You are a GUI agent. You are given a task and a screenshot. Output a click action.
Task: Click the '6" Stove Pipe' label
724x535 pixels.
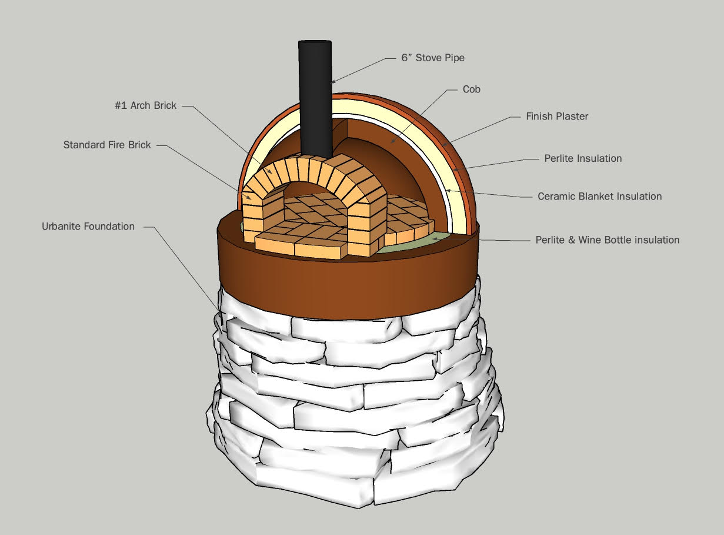point(432,58)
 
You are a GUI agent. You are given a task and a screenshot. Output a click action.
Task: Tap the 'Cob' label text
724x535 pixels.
point(471,89)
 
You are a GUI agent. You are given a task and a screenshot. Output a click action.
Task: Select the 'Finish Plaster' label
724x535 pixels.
point(556,117)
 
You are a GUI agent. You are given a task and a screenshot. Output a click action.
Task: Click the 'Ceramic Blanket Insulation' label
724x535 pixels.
point(599,197)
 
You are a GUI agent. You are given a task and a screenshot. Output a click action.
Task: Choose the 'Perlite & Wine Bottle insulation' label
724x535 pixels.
point(607,240)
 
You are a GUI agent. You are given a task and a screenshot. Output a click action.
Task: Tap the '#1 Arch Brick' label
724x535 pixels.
point(145,106)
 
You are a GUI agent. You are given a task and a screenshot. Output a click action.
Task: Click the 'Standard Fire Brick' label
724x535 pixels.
point(107,145)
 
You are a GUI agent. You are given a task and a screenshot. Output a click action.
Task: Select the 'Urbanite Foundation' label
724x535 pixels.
point(88,226)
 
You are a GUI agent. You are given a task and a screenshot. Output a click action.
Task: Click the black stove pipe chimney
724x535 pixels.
point(315,100)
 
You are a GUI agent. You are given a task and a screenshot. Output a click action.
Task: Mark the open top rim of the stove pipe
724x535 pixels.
point(315,43)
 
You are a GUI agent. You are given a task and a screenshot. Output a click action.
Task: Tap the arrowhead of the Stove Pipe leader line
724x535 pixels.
point(333,82)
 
